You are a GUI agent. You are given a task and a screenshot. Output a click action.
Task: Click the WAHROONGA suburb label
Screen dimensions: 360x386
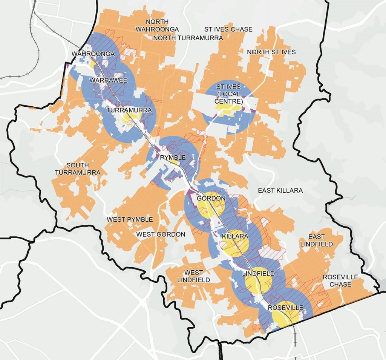click(x=93, y=54)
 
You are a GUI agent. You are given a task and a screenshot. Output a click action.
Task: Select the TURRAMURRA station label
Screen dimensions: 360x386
click(x=129, y=110)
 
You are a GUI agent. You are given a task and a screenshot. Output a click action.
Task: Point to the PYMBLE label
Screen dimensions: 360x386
click(x=173, y=158)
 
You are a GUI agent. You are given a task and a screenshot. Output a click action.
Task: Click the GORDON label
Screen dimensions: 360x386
click(x=211, y=199)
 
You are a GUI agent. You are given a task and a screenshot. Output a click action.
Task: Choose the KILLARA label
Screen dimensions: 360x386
click(x=235, y=236)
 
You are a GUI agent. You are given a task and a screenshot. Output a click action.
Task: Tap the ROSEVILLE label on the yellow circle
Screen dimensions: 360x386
click(x=285, y=308)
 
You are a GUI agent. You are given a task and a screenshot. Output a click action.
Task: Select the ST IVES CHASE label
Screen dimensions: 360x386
click(x=228, y=29)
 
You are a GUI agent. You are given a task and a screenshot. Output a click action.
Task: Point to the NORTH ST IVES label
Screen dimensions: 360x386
click(x=271, y=52)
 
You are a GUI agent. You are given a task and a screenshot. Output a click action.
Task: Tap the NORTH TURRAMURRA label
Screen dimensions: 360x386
click(x=188, y=38)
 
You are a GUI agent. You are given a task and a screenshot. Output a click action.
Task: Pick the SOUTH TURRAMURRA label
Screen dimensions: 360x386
click(x=77, y=169)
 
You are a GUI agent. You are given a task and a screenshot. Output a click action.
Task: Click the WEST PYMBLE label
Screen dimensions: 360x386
click(x=130, y=219)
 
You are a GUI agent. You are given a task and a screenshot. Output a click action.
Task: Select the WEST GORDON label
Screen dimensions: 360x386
click(x=161, y=234)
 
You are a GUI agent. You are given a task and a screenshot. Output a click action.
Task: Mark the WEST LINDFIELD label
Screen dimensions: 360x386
click(x=194, y=276)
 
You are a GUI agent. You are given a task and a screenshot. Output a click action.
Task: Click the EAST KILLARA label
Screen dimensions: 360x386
click(x=280, y=191)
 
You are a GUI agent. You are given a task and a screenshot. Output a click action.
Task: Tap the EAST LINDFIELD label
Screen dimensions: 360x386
click(x=320, y=240)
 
